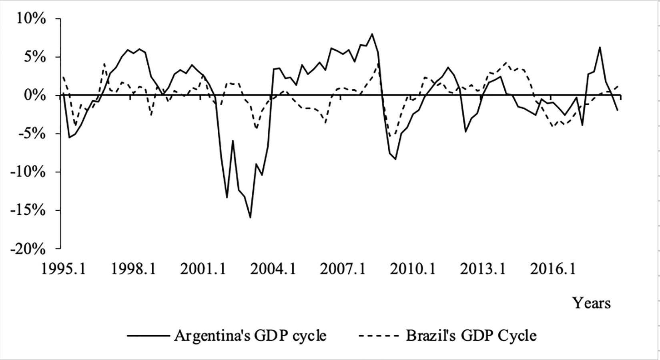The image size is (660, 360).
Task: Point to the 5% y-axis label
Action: click(x=34, y=57)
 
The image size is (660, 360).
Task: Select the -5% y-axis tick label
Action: click(x=32, y=134)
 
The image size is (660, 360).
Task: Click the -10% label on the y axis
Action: click(x=28, y=172)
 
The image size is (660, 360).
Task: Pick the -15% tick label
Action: click(x=28, y=210)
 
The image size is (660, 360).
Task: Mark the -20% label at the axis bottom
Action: click(x=28, y=249)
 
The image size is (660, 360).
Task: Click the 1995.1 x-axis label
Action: click(x=64, y=269)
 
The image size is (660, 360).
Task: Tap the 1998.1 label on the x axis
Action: click(x=133, y=269)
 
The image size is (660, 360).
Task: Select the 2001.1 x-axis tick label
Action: click(x=203, y=269)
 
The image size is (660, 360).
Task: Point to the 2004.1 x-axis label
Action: click(x=273, y=269)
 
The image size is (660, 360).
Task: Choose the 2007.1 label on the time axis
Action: click(x=343, y=269)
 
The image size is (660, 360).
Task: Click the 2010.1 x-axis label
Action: click(x=413, y=269)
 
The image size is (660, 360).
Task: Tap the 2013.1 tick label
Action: click(x=482, y=269)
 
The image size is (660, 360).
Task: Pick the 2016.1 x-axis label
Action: click(x=552, y=269)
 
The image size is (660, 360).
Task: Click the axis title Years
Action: click(x=592, y=303)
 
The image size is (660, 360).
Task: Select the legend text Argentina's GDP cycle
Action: click(x=250, y=335)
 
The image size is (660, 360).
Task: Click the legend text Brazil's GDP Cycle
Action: click(x=471, y=335)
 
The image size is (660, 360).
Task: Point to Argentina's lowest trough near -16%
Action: click(x=250, y=218)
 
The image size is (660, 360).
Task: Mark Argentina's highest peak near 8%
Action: click(x=372, y=34)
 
